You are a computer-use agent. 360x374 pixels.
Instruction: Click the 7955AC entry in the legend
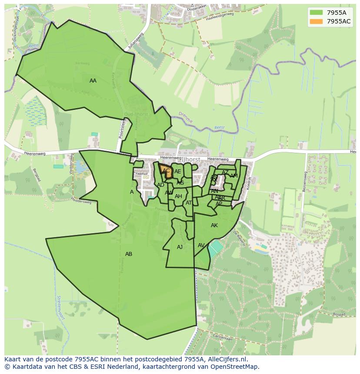[339, 21]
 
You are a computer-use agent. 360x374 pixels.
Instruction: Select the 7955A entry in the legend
[337, 13]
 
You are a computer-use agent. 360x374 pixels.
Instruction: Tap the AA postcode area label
[93, 81]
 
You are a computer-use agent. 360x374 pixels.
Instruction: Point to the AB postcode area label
[129, 254]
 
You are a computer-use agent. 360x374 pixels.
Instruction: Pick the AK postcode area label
[214, 225]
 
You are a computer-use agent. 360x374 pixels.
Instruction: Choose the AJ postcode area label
[180, 247]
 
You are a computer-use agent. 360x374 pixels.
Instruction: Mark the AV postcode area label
[201, 245]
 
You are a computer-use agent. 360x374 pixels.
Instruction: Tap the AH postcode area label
[178, 196]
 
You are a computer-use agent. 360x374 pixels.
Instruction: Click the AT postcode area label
[189, 203]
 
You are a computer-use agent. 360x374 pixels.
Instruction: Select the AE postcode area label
[178, 172]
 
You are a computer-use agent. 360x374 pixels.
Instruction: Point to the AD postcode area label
[161, 185]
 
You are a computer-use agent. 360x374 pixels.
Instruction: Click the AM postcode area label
[234, 176]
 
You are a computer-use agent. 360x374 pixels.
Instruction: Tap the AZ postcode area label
[225, 172]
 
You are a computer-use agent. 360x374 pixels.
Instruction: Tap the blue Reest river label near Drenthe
[220, 128]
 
